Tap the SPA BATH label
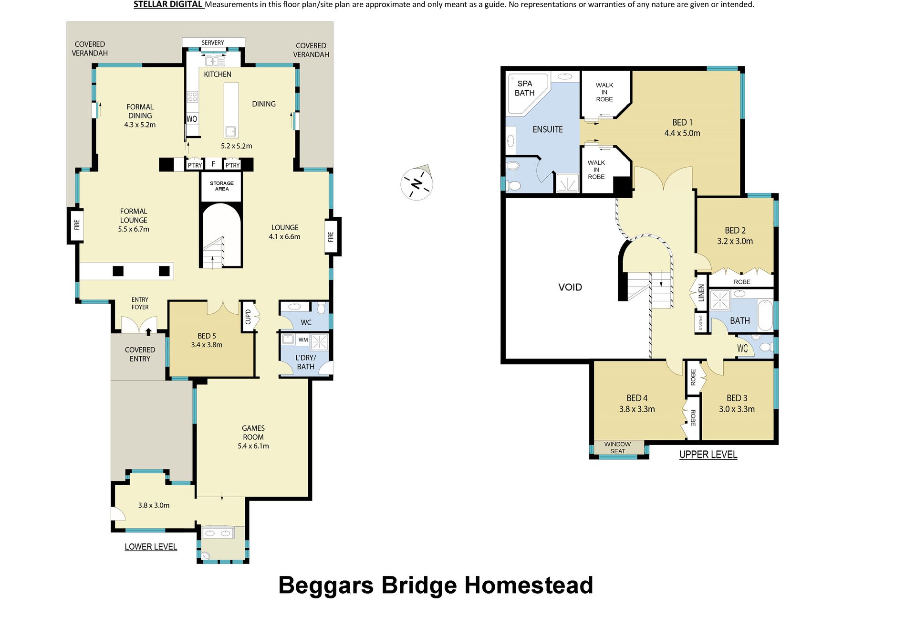click(x=524, y=88)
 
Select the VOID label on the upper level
click(x=570, y=287)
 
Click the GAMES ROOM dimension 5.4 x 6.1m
click(x=253, y=446)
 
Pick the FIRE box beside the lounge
click(x=332, y=236)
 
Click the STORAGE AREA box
click(x=222, y=186)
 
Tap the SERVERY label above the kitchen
click(x=213, y=43)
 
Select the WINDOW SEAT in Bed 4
click(x=617, y=447)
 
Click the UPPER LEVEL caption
click(x=708, y=455)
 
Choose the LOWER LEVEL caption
click(x=151, y=547)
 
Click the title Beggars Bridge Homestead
click(x=436, y=585)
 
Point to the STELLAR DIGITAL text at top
click(x=168, y=5)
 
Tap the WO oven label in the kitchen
click(x=192, y=119)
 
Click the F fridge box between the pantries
click(x=213, y=164)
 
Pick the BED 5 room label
click(x=207, y=336)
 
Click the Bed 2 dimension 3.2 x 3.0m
click(x=735, y=241)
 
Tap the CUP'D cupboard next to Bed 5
click(x=248, y=317)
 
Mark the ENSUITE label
click(x=548, y=129)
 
